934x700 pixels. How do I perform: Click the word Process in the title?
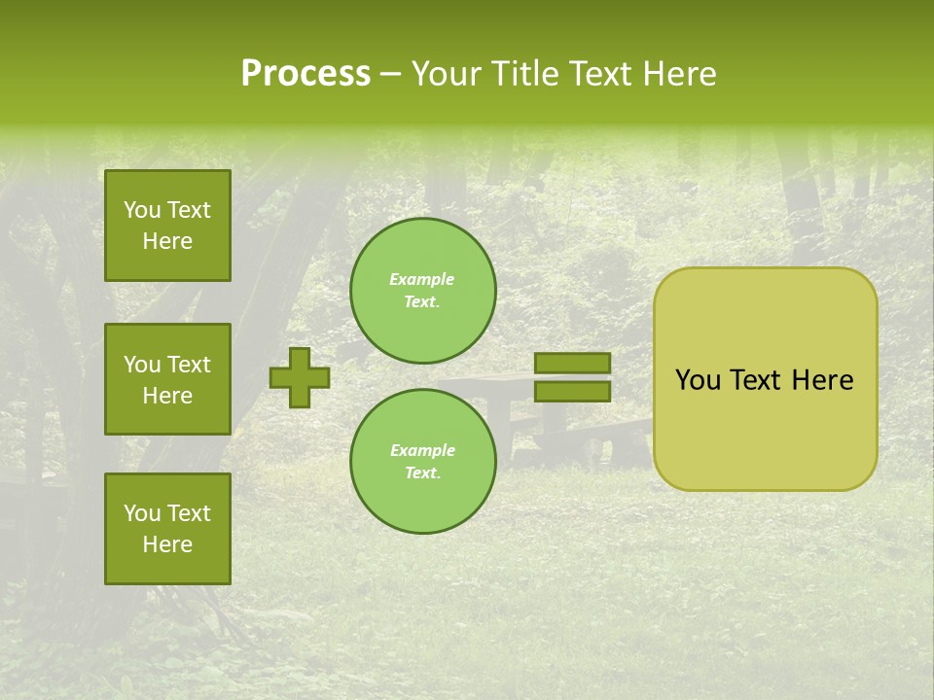(305, 74)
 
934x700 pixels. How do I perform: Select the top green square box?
(167, 226)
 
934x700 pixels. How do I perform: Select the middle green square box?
(167, 379)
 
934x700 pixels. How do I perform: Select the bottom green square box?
(167, 529)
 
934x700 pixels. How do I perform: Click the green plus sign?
(300, 377)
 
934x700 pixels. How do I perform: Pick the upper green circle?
(423, 291)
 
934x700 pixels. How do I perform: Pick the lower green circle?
(423, 462)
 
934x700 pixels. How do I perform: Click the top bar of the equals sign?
(572, 364)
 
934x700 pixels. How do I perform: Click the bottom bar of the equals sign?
(572, 391)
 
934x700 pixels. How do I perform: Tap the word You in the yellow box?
(698, 380)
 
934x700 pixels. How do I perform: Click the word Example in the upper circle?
(422, 279)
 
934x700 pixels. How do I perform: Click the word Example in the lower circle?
(422, 450)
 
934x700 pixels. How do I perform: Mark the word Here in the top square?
(167, 241)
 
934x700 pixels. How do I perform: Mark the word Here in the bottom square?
(167, 544)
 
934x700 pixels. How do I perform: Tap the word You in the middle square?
(141, 365)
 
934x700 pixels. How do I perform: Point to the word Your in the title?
(442, 74)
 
